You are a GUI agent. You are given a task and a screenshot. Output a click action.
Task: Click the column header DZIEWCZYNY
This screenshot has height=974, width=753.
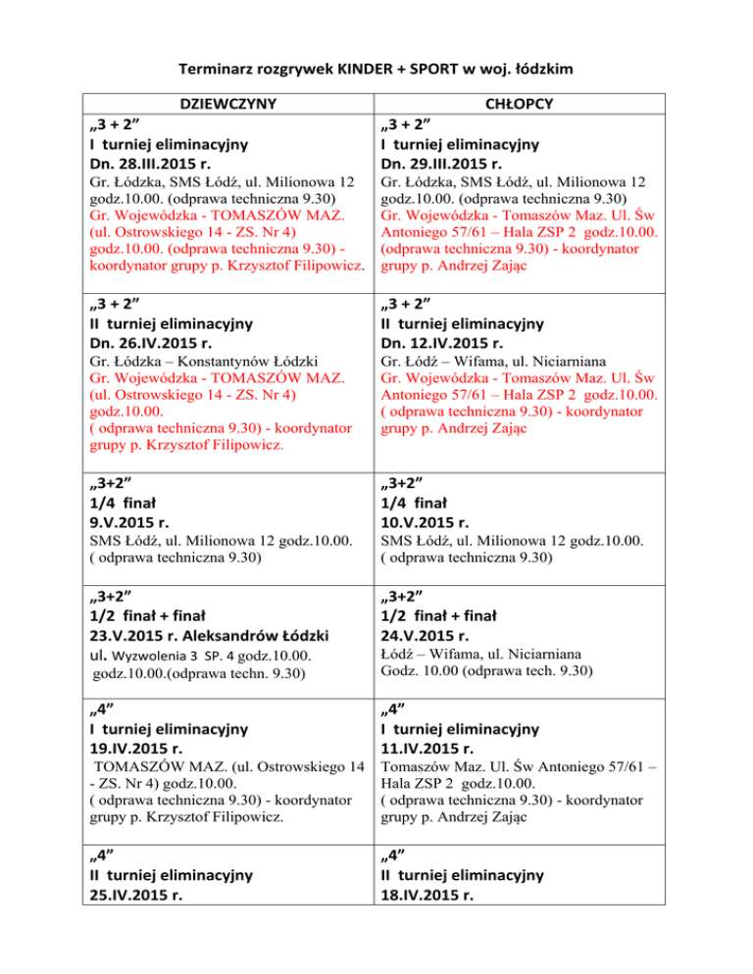(x=232, y=104)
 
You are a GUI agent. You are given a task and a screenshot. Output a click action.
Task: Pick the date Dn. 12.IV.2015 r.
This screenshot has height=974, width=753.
(x=450, y=343)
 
